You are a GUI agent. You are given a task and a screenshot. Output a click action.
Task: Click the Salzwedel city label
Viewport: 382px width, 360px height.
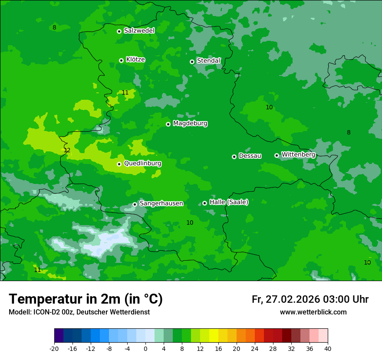coord(139,31)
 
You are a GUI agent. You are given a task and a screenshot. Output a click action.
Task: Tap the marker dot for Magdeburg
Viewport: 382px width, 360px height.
coord(168,124)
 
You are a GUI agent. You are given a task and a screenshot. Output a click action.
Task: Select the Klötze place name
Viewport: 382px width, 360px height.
coord(135,60)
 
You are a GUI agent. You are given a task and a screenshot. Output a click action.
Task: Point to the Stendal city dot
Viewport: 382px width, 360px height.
coord(192,62)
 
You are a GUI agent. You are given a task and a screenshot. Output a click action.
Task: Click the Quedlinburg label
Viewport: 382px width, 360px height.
coord(142,164)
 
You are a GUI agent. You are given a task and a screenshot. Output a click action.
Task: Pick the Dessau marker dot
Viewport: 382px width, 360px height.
coord(234,157)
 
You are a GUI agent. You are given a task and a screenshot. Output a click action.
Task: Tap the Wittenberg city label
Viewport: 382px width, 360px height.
coord(298,154)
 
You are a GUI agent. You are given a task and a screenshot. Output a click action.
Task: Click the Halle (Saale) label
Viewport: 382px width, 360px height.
coord(229,202)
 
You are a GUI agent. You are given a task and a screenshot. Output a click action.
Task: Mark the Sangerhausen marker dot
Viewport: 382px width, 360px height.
coord(135,204)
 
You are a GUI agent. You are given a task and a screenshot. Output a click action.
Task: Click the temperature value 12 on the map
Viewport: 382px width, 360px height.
coord(67,151)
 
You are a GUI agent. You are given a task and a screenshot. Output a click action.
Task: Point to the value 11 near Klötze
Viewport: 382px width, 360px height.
coord(125,92)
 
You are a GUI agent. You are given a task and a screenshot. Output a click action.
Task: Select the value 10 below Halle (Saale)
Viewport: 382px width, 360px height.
coord(190,223)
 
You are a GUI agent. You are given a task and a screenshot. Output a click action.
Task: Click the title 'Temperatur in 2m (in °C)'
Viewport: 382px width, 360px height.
coord(86,299)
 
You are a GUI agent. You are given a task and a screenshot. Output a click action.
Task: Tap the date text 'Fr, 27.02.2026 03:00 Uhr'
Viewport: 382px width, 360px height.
coord(310,299)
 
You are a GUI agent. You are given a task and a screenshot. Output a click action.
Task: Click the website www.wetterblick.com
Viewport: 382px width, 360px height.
coord(313,312)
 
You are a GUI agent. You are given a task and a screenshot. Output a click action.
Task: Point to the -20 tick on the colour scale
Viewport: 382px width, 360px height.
coord(54,348)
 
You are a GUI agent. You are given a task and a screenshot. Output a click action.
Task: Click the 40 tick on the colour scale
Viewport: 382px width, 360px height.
coord(328,348)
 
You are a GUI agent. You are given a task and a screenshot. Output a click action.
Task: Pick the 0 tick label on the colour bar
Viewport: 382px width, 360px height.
coord(145,348)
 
